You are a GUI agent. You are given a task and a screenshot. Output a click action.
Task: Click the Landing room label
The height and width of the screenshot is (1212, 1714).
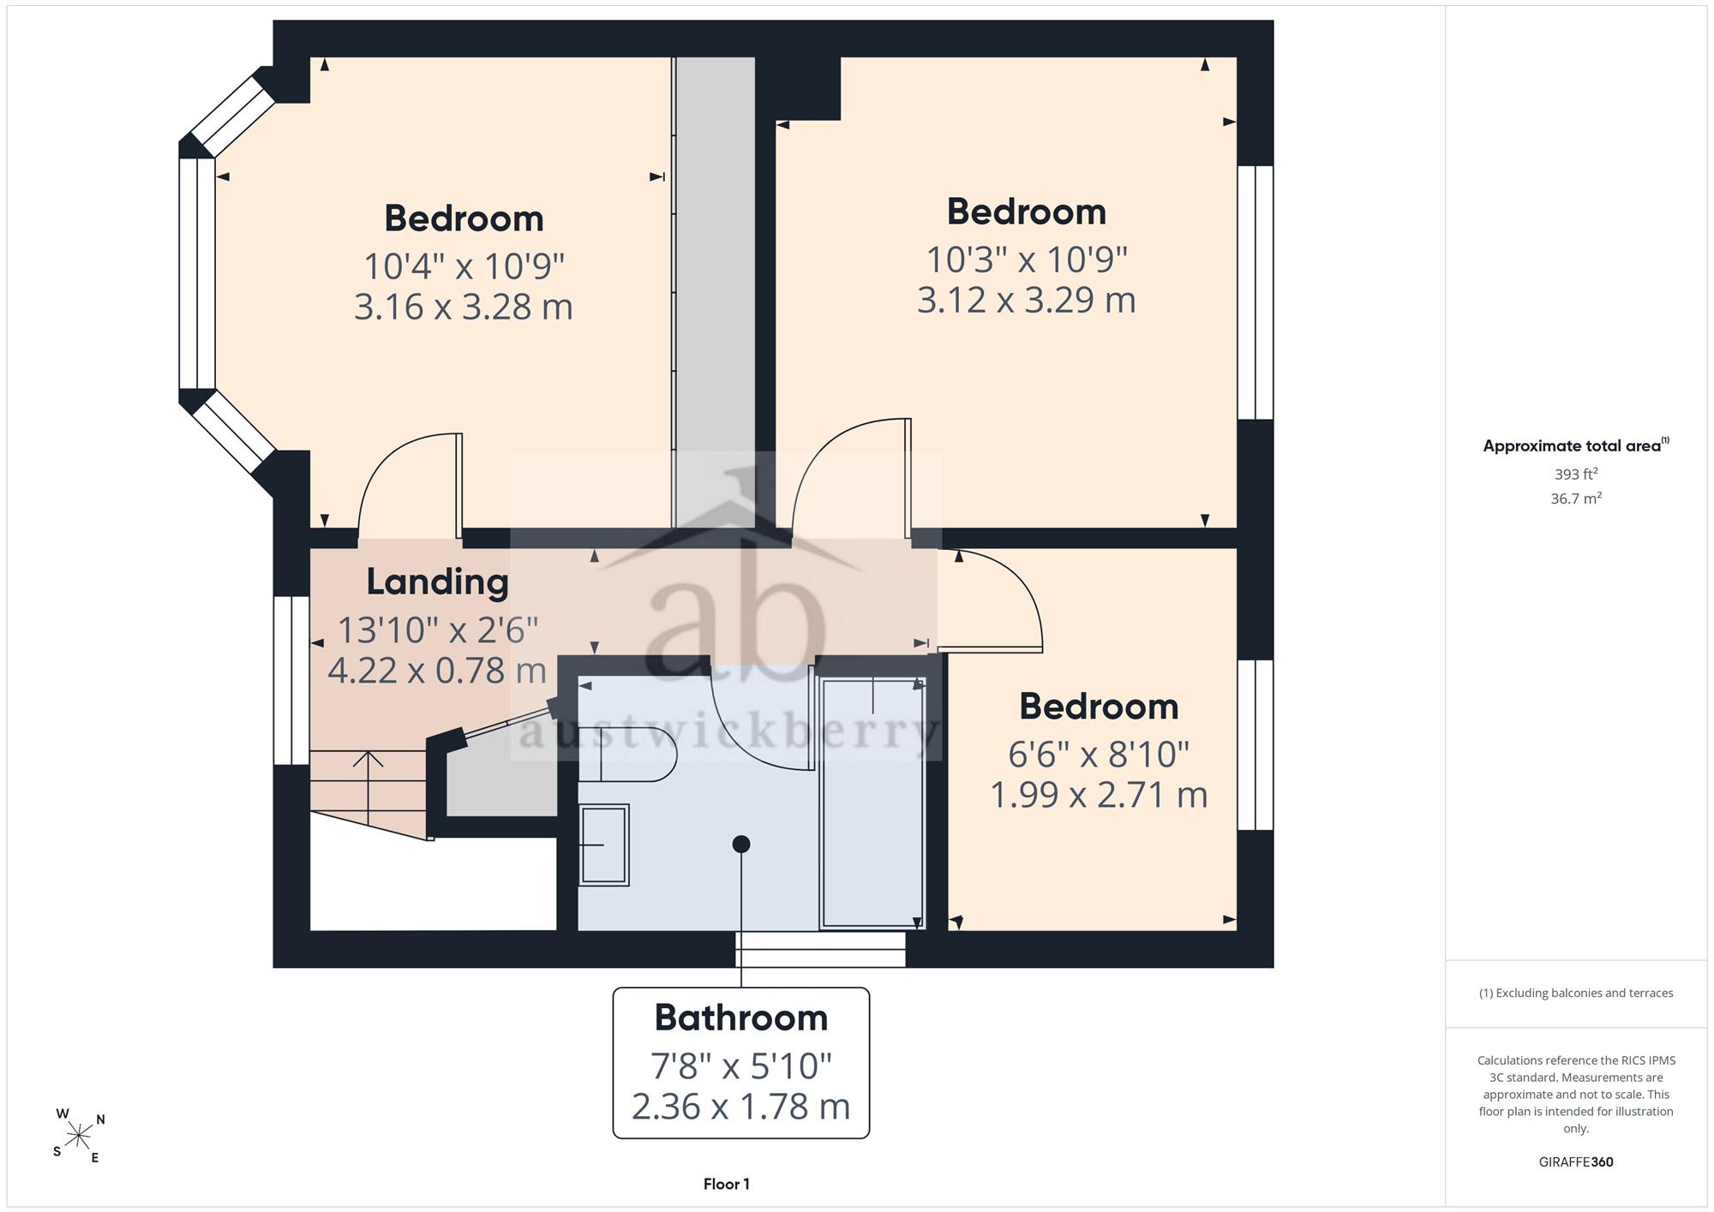point(437,582)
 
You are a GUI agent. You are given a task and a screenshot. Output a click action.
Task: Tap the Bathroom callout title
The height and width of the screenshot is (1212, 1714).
point(741,1018)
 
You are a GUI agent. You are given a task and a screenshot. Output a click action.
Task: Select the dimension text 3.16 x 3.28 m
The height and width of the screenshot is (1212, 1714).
point(463,307)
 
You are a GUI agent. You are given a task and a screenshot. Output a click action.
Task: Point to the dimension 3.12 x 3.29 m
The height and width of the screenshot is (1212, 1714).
point(1026,300)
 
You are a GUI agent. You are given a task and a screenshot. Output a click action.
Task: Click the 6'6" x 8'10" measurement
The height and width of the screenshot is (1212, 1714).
point(1099,754)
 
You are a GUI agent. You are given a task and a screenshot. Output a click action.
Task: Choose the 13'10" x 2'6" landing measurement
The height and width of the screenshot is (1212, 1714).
point(437,630)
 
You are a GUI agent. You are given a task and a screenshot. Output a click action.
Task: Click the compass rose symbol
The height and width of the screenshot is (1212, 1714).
point(79,1137)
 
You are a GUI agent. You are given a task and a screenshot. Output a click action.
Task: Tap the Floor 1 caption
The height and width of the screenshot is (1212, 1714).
point(727,1184)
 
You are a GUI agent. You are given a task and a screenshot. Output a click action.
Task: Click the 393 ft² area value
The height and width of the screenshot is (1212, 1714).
point(1576,474)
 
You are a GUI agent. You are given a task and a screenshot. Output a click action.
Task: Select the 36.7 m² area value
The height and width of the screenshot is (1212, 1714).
point(1576,498)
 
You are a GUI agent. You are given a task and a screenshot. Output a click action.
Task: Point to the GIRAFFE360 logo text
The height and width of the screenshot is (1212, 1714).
point(1576,1161)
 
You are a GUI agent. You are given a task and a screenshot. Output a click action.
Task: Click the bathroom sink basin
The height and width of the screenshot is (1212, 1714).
point(605,845)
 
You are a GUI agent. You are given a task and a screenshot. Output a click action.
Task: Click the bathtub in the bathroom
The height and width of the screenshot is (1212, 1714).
point(872,803)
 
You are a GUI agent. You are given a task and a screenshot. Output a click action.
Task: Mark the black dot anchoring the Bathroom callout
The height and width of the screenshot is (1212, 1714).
point(741,845)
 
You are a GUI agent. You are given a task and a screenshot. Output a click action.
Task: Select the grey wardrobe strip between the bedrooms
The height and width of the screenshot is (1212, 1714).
point(714,292)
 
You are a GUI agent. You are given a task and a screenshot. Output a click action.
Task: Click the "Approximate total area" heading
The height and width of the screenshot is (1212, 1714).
point(1576,445)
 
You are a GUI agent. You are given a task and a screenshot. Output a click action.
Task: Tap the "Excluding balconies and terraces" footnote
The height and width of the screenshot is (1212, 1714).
point(1576,993)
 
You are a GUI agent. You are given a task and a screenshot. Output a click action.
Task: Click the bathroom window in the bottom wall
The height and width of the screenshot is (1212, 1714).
point(820,949)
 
